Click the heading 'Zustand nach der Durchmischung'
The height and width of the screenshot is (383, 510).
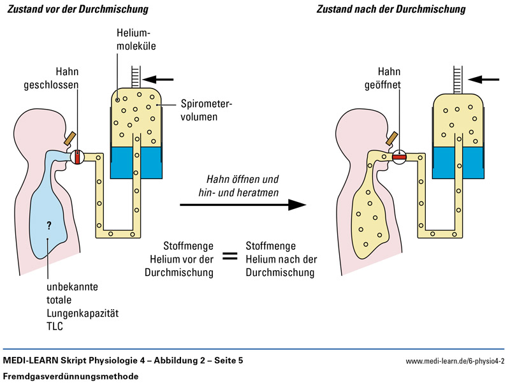[391, 10]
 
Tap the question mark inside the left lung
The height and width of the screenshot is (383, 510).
[48, 224]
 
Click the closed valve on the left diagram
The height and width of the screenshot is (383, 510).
[77, 156]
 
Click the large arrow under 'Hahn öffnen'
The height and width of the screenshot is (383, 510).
[243, 205]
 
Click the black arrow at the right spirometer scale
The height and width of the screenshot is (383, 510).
[481, 80]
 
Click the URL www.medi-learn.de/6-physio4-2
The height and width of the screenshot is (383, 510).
[454, 361]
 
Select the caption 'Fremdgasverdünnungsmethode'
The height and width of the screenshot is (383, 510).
[71, 376]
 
